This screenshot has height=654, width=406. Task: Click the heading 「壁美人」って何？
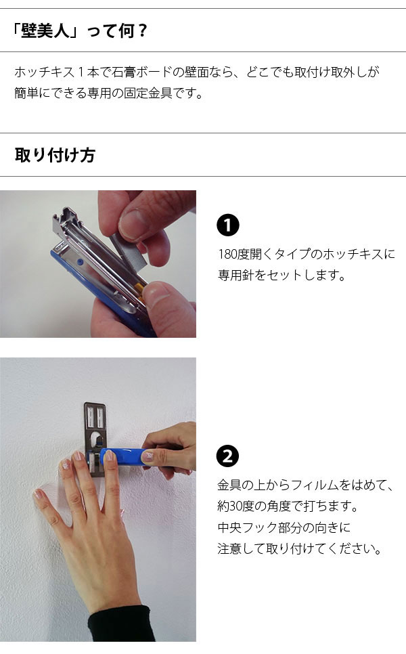[x=78, y=31]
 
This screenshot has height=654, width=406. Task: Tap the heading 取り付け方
[x=55, y=155]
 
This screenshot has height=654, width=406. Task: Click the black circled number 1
[x=227, y=225]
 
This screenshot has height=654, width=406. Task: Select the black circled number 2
[x=227, y=456]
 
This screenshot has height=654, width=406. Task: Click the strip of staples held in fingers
[x=129, y=250]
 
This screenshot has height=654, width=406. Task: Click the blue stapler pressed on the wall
[x=125, y=458]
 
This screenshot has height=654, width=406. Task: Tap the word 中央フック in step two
[x=248, y=527]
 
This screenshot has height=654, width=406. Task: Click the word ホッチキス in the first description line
[x=44, y=72]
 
